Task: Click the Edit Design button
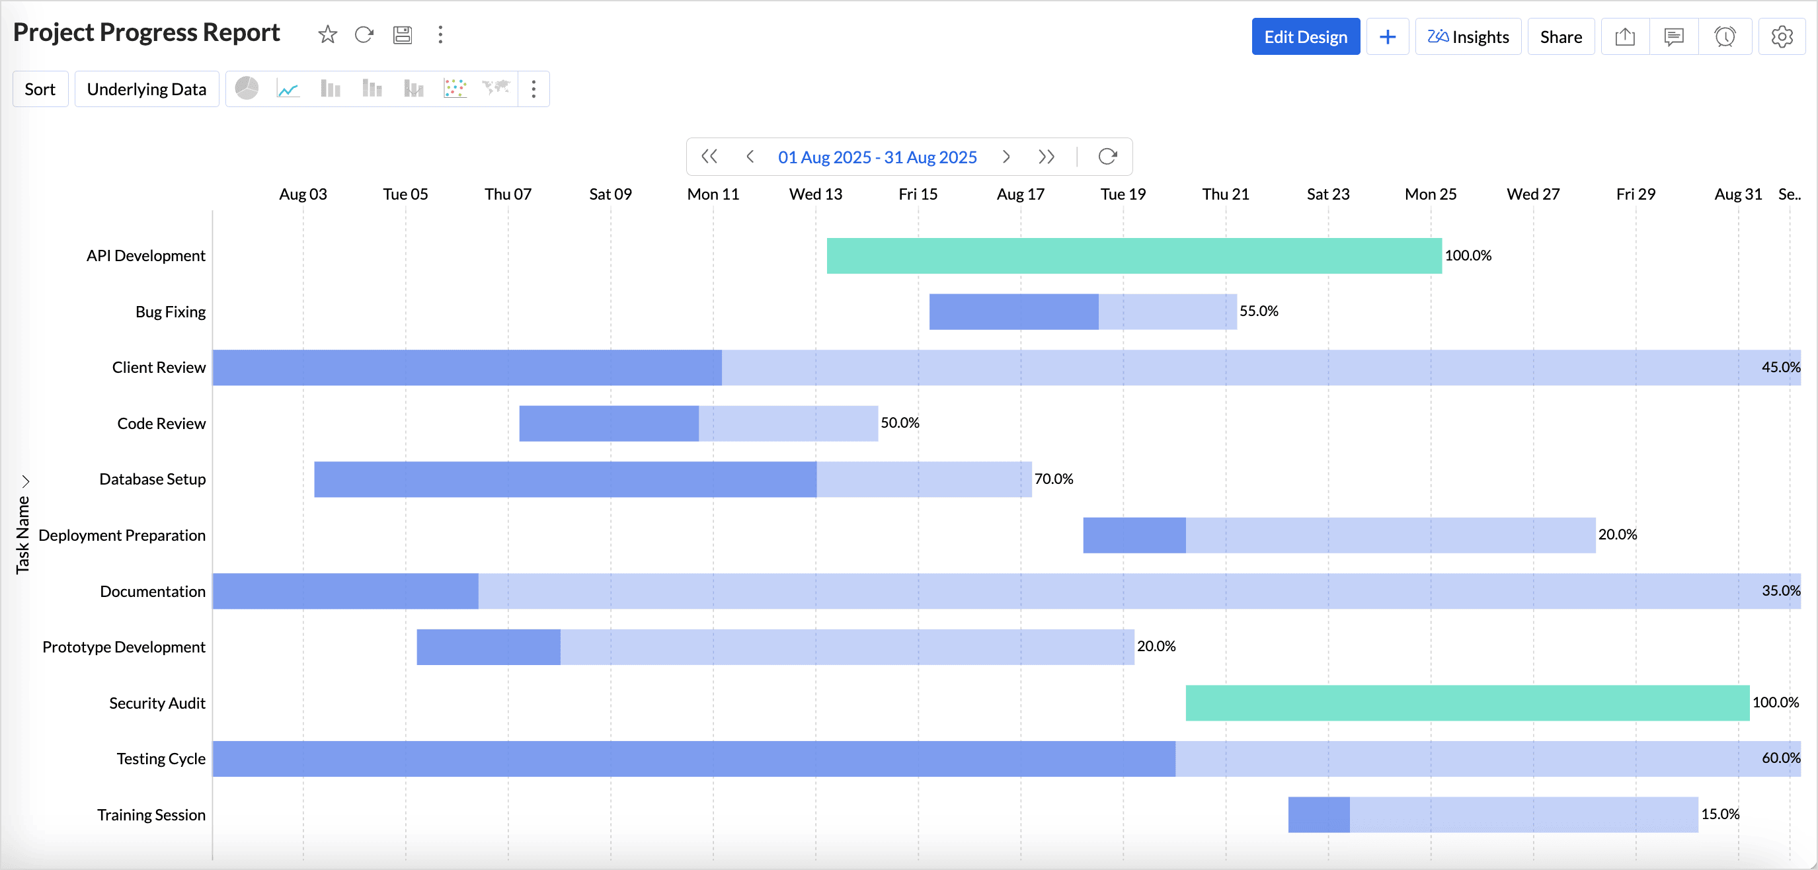click(1305, 37)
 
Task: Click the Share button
click(1560, 37)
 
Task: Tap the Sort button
click(40, 89)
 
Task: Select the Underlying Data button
click(147, 89)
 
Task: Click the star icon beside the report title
click(327, 34)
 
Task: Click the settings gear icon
click(1781, 37)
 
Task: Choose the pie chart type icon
click(247, 89)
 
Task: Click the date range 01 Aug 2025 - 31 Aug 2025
click(877, 157)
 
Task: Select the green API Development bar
click(1133, 255)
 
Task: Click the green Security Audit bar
click(1466, 703)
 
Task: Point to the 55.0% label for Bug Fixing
click(1258, 311)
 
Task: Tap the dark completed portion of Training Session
click(1318, 814)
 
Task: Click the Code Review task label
click(161, 423)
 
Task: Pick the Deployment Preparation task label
click(122, 535)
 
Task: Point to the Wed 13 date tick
click(815, 194)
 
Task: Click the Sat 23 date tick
click(1327, 194)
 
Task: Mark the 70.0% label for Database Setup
click(1053, 479)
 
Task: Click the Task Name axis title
click(22, 534)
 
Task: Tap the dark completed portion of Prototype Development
click(489, 647)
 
